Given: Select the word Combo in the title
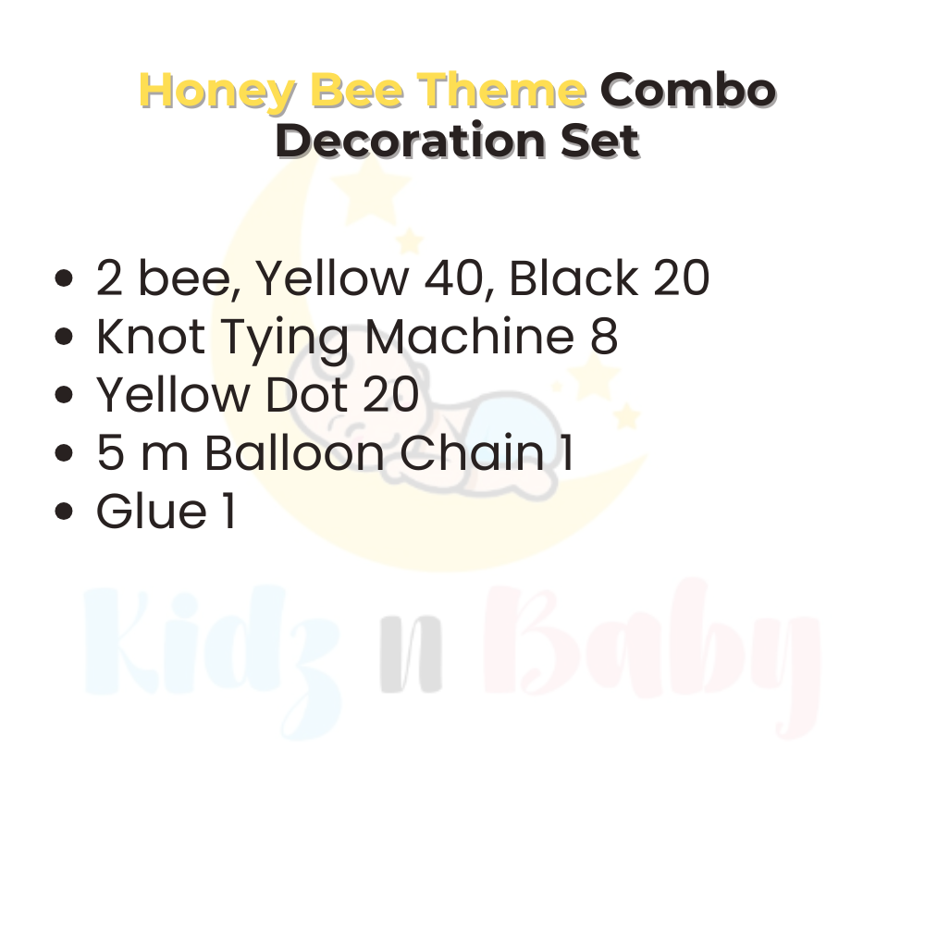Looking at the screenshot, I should (687, 91).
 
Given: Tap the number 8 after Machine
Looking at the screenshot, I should (602, 338).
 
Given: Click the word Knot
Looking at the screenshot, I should (151, 338).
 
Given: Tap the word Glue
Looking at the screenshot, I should (152, 512).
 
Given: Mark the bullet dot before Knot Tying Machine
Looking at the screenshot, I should (65, 339).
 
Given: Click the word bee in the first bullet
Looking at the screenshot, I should (189, 279).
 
